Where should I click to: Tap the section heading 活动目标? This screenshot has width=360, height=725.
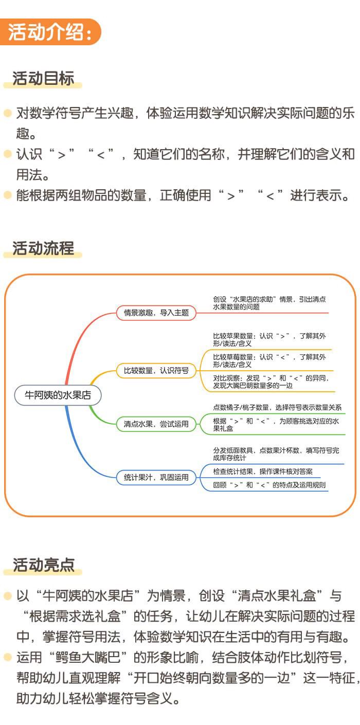pyautogui.click(x=44, y=79)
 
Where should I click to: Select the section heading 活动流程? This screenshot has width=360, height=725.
pyautogui.click(x=44, y=248)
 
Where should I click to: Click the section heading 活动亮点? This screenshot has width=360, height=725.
pyautogui.click(x=44, y=565)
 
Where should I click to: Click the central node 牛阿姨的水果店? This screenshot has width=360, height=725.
pyautogui.click(x=58, y=395)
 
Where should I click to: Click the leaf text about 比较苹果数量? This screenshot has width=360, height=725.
pyautogui.click(x=269, y=340)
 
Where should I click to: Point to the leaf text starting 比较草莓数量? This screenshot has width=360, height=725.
pyautogui.click(x=269, y=360)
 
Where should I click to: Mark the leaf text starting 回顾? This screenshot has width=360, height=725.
pyautogui.click(x=269, y=485)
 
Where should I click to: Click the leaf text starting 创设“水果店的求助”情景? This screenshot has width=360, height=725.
pyautogui.click(x=269, y=303)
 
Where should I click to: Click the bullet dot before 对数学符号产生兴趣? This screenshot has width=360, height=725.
pyautogui.click(x=7, y=113)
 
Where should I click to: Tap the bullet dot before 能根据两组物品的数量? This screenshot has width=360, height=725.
pyautogui.click(x=7, y=195)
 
